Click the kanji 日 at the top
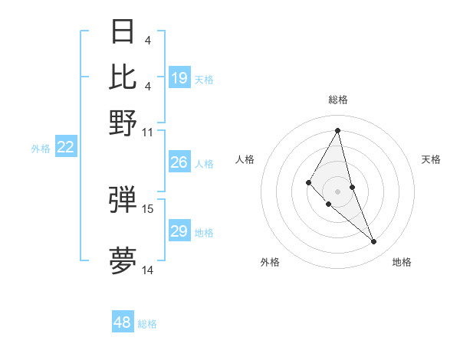[x=123, y=31]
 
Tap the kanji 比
[x=123, y=77]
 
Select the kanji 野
[x=123, y=123]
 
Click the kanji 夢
[x=123, y=260]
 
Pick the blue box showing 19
[x=179, y=78]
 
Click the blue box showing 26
[x=179, y=162]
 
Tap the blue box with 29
[x=179, y=231]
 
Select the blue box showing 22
[x=65, y=148]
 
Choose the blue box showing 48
[x=123, y=322]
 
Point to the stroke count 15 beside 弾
[x=148, y=208]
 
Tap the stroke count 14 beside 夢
[x=148, y=270]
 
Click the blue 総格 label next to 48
[x=147, y=324]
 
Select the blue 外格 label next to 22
[x=41, y=149]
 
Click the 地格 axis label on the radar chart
[x=402, y=263]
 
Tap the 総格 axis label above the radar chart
[x=337, y=100]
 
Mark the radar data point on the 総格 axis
[x=337, y=129]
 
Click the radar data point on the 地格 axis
[x=373, y=241]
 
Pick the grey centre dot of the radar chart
[x=337, y=191]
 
